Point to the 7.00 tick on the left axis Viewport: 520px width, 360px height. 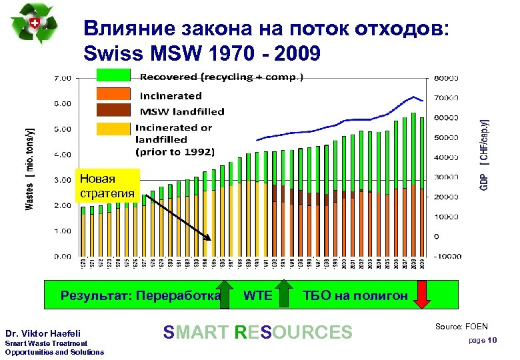[62, 78]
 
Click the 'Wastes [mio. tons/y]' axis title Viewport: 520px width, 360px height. [31, 168]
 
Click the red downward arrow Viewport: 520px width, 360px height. [423, 295]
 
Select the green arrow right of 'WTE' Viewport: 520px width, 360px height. [284, 295]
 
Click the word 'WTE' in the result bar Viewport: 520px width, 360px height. [257, 295]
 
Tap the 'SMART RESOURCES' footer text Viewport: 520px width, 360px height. [257, 332]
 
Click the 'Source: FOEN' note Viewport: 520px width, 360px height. [461, 327]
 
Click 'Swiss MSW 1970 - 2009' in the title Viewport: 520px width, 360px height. [202, 51]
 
